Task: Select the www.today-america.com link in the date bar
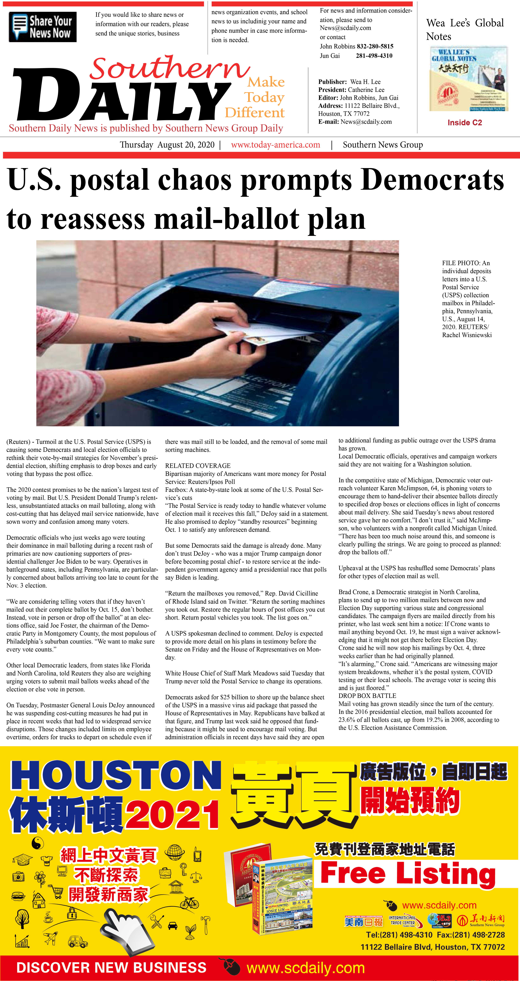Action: pyautogui.click(x=275, y=145)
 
